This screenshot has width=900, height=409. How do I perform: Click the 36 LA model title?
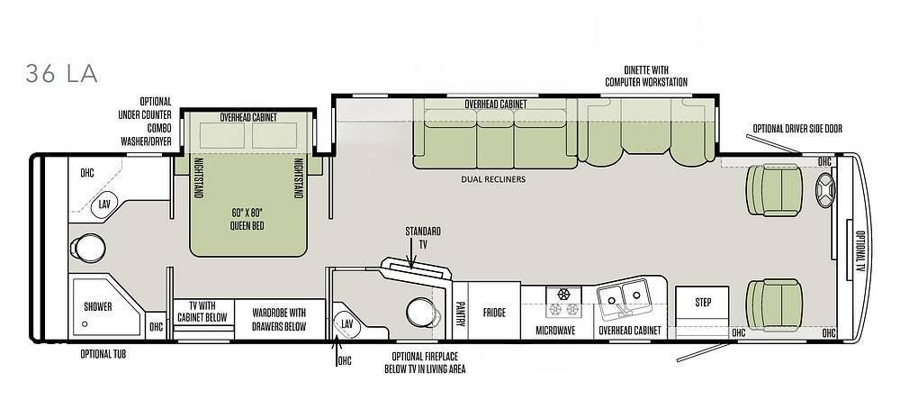61,74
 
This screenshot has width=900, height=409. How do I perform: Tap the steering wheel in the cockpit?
825,189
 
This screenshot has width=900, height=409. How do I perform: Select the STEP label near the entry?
703,303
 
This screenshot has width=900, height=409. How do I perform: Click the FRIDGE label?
494,313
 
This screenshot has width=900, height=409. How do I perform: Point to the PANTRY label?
460,314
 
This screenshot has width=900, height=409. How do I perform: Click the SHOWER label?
97,306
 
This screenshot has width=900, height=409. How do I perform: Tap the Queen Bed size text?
247,218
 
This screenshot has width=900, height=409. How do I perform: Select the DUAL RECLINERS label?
493,179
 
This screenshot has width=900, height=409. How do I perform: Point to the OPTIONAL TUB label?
103,354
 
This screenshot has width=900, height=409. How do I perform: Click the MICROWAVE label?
555,331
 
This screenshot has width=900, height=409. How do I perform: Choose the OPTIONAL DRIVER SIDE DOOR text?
797,129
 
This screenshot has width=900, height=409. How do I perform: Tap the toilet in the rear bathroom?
88,248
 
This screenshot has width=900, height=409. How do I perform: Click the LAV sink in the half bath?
347,324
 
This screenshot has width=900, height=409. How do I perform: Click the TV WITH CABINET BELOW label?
202,312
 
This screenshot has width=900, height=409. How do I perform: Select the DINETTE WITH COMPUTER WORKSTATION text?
646,76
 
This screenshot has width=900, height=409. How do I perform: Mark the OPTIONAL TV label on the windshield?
859,250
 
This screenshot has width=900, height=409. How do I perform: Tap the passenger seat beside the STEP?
774,305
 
